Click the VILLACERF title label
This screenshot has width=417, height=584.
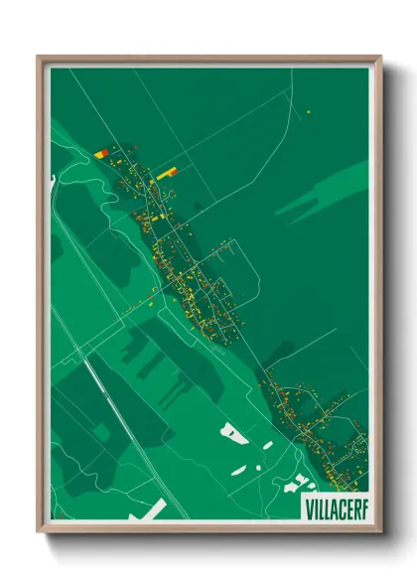[x=334, y=505]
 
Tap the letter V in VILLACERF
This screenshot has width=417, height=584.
[x=307, y=505]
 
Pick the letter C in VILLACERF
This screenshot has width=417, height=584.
[x=341, y=505]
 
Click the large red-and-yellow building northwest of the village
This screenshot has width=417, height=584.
[x=101, y=154]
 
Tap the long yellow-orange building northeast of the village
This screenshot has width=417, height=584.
[x=166, y=173]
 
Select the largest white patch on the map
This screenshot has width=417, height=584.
[x=234, y=433]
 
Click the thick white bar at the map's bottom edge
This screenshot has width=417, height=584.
[x=150, y=511]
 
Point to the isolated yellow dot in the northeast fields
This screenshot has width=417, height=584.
[x=309, y=112]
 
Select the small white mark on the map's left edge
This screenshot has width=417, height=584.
[x=52, y=180]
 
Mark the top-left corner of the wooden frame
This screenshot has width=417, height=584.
[x=39, y=56]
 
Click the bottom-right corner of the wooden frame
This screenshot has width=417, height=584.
[x=380, y=532]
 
